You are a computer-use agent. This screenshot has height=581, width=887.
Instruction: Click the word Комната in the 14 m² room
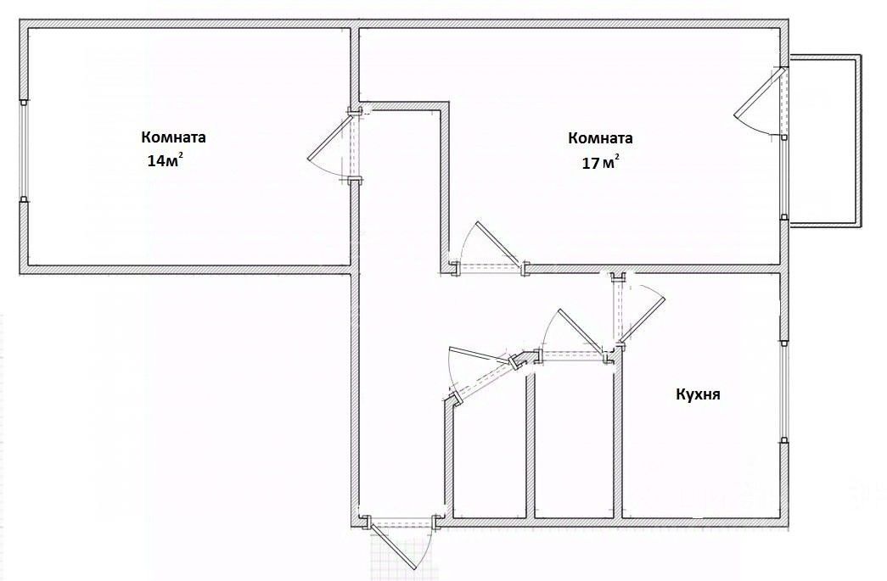click(173, 137)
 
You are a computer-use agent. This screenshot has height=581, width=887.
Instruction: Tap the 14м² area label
click(165, 161)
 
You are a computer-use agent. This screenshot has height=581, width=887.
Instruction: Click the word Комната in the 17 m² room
click(601, 138)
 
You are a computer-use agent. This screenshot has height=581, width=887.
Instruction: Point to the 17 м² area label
click(600, 163)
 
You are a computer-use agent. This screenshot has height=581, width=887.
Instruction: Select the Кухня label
click(698, 394)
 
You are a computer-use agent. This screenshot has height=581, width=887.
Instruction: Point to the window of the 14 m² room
click(24, 151)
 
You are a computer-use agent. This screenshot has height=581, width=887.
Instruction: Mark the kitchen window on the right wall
click(783, 390)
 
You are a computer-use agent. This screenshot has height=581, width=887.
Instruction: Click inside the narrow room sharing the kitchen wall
click(575, 441)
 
